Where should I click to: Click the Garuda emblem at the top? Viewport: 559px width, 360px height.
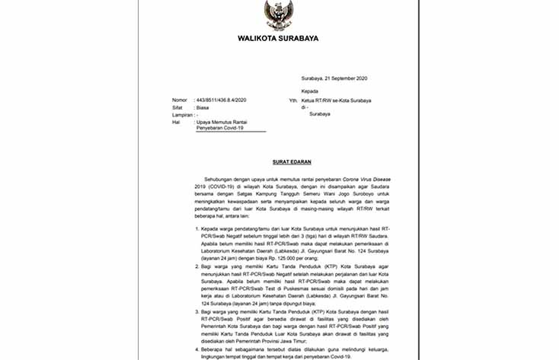(x=278, y=14)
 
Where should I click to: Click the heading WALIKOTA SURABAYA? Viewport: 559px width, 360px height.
(x=278, y=37)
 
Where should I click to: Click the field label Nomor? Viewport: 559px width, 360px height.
(x=179, y=100)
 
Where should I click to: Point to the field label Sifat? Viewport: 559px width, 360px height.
(x=177, y=108)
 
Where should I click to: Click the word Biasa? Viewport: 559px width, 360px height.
(x=203, y=108)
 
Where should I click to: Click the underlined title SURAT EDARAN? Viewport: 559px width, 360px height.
(x=289, y=161)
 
